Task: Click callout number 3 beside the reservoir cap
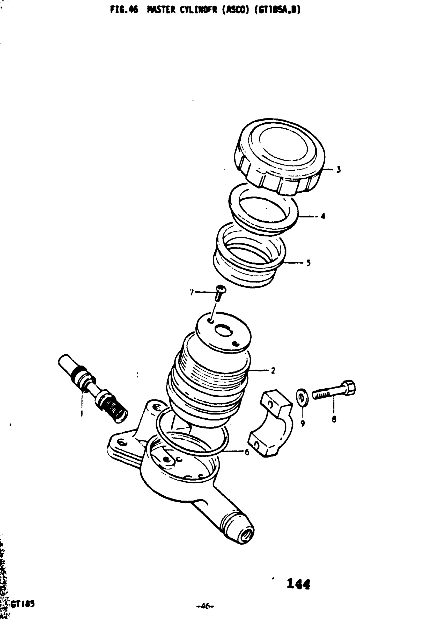338,170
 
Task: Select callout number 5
308,263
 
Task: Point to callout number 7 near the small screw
192,293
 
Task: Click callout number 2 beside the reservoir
273,370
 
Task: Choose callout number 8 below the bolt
334,419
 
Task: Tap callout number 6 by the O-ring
247,452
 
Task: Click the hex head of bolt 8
349,388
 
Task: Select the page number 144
299,584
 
